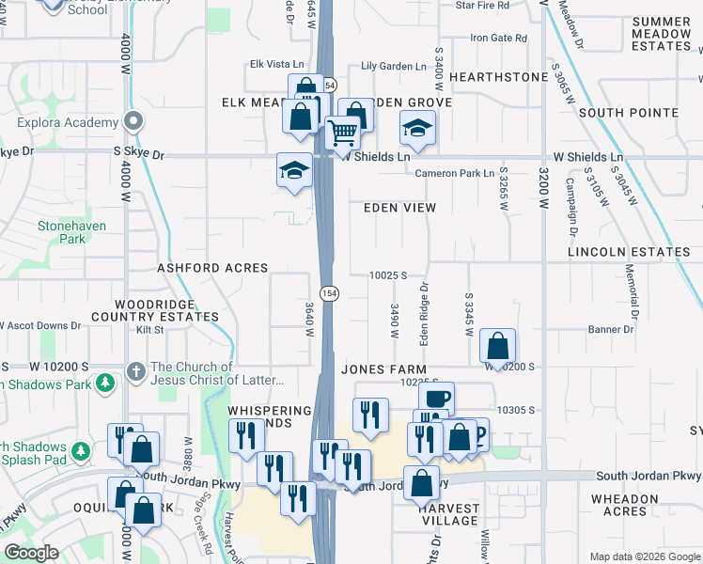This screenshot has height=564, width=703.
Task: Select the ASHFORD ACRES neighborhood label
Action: point(212,268)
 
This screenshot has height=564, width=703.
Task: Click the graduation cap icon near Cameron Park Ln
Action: point(418,127)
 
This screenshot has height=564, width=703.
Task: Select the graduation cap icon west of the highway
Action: point(294,171)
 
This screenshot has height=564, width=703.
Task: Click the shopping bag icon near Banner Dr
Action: point(497,345)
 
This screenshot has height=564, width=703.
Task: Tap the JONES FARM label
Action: point(383,370)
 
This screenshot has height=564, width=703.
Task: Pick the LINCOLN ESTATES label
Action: point(629,253)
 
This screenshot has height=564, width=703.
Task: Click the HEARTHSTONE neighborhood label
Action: point(498,77)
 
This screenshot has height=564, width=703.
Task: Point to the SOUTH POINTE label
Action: point(629,113)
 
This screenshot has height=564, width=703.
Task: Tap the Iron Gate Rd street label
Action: point(499,39)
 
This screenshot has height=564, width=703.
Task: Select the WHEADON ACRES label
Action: point(624,505)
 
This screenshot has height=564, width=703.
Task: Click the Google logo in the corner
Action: point(31,553)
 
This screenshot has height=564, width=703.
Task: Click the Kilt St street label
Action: point(150,330)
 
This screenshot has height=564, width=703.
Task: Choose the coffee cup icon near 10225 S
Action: point(436,398)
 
